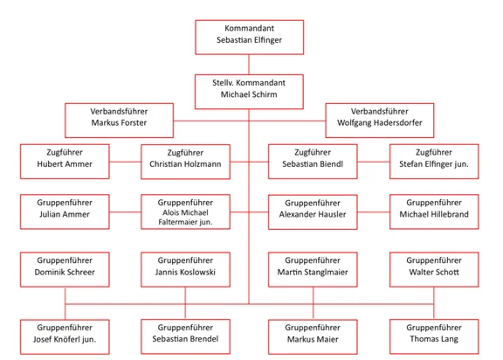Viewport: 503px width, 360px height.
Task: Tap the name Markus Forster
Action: tap(119, 122)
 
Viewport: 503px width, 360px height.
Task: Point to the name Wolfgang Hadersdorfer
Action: tap(380, 123)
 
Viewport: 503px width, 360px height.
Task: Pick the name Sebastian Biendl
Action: tap(313, 164)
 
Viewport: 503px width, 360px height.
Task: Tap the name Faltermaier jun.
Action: tap(185, 222)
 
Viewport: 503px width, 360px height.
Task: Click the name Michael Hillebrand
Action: tap(434, 214)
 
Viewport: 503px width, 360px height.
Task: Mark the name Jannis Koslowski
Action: tap(185, 272)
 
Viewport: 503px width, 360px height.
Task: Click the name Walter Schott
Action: tap(434, 272)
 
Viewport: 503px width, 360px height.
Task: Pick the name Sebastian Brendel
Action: tap(185, 339)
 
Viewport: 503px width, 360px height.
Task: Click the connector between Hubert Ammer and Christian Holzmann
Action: tap(125, 162)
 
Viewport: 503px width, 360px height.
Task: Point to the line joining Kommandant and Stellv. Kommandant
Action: tap(249, 65)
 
